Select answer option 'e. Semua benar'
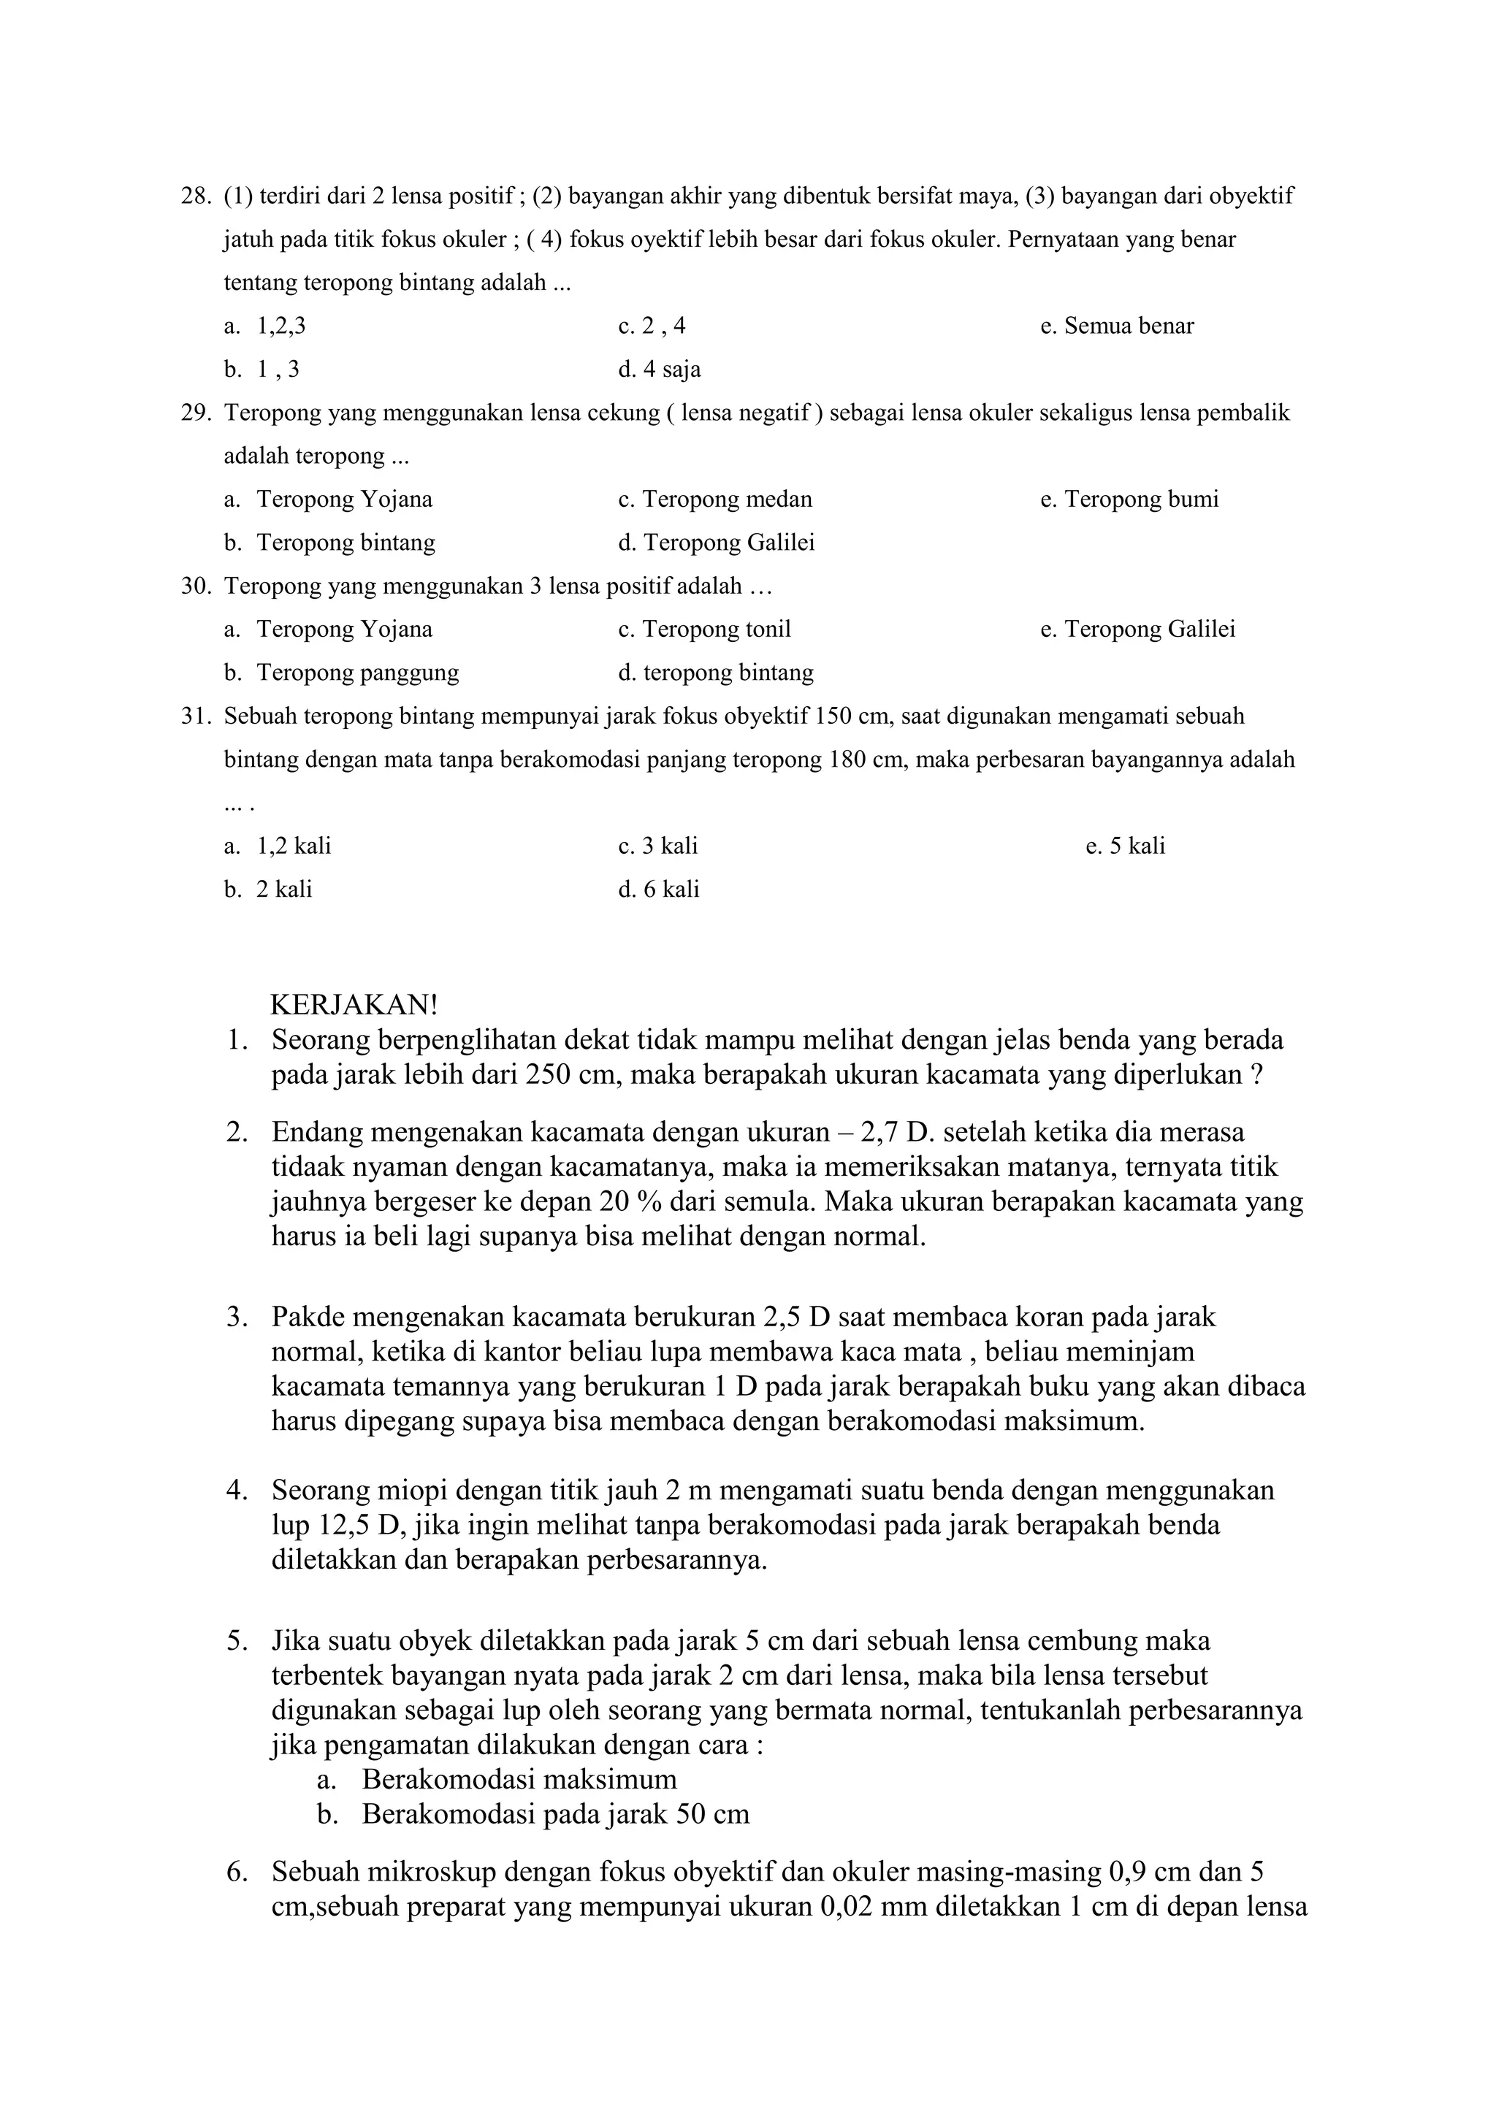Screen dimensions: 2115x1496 (x=1116, y=326)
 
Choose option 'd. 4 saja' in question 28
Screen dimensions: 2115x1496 (x=660, y=370)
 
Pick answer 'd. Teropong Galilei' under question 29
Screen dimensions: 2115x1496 (x=716, y=543)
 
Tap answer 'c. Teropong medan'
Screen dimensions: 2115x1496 (x=715, y=500)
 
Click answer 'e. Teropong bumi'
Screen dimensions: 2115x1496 (x=1129, y=500)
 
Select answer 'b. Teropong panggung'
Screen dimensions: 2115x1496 (x=342, y=673)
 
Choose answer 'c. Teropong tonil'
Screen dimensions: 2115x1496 (x=705, y=629)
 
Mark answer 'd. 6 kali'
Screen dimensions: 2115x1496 (x=659, y=889)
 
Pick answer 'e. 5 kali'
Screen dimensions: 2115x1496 (x=1125, y=846)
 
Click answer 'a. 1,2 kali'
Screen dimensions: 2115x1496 (x=278, y=846)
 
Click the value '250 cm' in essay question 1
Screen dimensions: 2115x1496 (x=563, y=1075)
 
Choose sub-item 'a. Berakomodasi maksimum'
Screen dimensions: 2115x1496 (x=497, y=1779)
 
